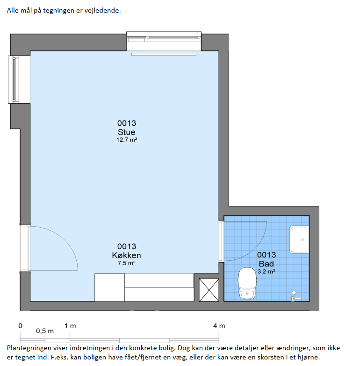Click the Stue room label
pyautogui.click(x=127, y=132)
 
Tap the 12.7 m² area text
pyautogui.click(x=127, y=140)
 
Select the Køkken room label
pyautogui.click(x=127, y=255)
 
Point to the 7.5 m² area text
pyautogui.click(x=127, y=263)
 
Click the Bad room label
pyautogui.click(x=266, y=264)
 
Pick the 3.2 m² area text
pyautogui.click(x=266, y=272)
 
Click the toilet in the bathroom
pyautogui.click(x=247, y=283)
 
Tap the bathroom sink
pyautogui.click(x=299, y=239)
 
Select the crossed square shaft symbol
pyautogui.click(x=209, y=290)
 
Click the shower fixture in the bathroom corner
pyautogui.click(x=295, y=296)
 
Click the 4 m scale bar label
pyautogui.click(x=219, y=326)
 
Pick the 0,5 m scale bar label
pyautogui.click(x=45, y=331)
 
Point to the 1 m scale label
pyautogui.click(x=70, y=326)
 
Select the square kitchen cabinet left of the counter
pyautogui.click(x=109, y=287)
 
